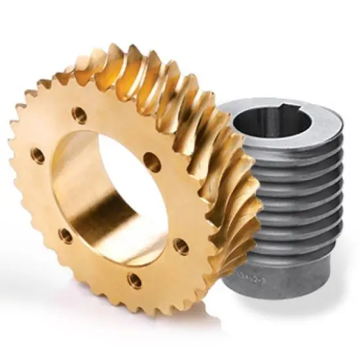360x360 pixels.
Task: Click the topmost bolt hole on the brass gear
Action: [79, 115]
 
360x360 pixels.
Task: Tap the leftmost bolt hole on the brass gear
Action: [37, 156]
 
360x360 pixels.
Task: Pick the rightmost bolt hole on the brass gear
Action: [181, 246]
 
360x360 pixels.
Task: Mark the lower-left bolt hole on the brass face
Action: [65, 235]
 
